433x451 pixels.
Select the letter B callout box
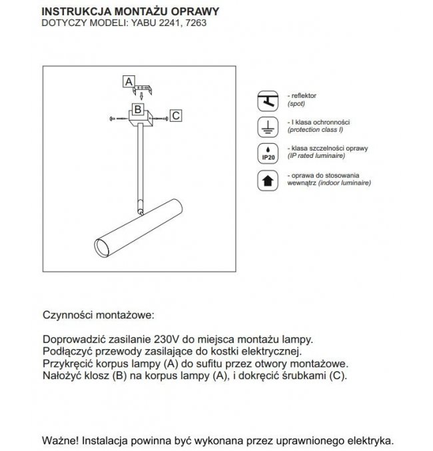[137, 109]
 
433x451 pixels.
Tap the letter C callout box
[176, 115]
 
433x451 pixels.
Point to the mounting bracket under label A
[144, 88]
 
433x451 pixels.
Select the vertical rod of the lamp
[139, 167]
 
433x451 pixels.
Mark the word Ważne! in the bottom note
[61, 440]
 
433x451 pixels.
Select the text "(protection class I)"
[316, 130]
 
